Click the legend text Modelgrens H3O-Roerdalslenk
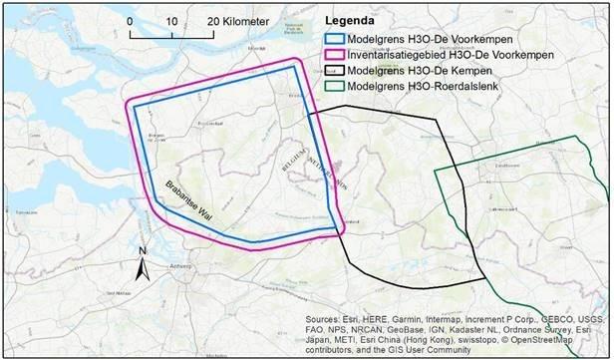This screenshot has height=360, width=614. point(431,88)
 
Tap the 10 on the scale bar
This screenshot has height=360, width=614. point(172,21)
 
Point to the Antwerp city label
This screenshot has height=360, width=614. point(179,267)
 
